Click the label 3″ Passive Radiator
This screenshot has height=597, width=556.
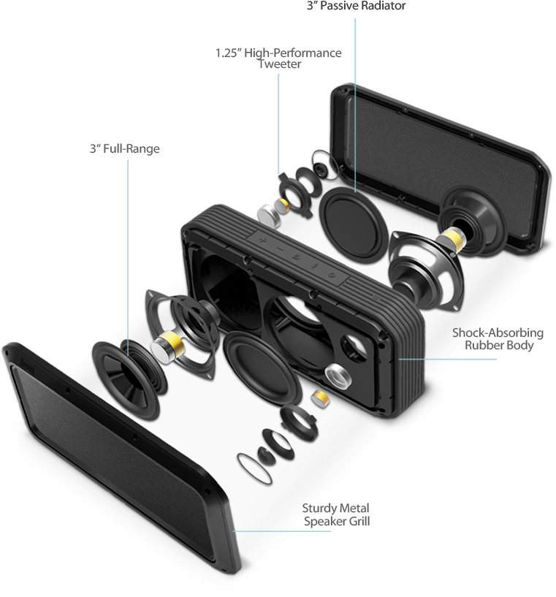tap(357, 6)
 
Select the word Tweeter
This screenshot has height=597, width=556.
tap(280, 64)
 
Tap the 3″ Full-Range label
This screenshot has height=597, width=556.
tap(125, 148)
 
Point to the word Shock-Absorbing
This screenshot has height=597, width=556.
tap(498, 332)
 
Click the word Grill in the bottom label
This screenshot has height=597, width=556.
tap(359, 521)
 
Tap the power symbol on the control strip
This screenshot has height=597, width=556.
tap(332, 275)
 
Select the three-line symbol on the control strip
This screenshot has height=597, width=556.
tap(296, 258)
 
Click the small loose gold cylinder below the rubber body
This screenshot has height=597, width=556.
tap(320, 398)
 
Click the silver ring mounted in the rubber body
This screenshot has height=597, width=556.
tap(338, 376)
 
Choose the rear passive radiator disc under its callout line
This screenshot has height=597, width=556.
tap(353, 224)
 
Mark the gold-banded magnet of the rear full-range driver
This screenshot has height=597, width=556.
tap(451, 239)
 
